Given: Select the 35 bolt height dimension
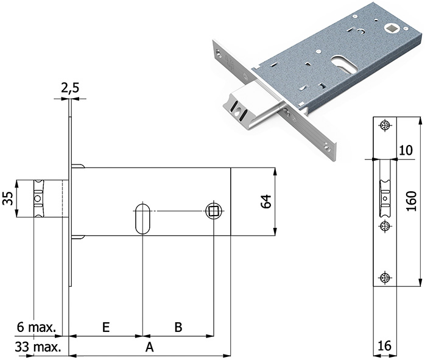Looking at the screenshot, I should coord(7,199).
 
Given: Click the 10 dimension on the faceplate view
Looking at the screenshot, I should coord(406,150).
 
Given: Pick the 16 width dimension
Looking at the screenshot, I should coord(384,346).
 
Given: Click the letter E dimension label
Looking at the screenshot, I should coord(105,327).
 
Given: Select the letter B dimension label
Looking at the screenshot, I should coord(178,327).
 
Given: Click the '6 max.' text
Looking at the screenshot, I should coord(37,328).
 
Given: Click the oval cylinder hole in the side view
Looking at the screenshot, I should coord(142,216).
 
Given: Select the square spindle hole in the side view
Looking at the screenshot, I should coord(213,211).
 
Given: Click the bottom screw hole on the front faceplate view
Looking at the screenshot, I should coord(384,278).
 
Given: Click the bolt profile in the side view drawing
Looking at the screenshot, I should coord(40,199).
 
